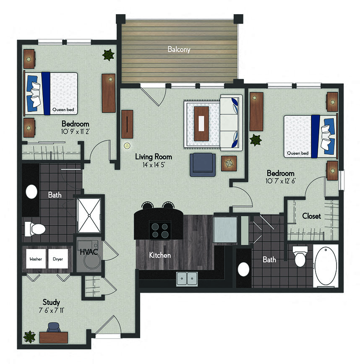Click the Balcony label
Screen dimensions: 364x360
point(179,49)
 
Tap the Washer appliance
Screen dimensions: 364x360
point(36,260)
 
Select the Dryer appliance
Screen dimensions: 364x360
point(58,260)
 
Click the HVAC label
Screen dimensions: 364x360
point(86,252)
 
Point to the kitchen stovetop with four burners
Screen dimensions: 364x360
point(160,229)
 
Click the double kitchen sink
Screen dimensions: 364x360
point(187,278)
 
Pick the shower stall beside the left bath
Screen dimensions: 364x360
point(89,216)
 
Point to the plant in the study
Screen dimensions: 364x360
point(30,336)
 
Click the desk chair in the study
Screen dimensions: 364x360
point(53,327)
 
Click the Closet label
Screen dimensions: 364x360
point(311,216)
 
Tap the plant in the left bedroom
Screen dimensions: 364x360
point(108,54)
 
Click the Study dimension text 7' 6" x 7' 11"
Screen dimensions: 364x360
point(51,310)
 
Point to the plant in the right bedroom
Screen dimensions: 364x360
point(255,140)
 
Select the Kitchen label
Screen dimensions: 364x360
point(160,255)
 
